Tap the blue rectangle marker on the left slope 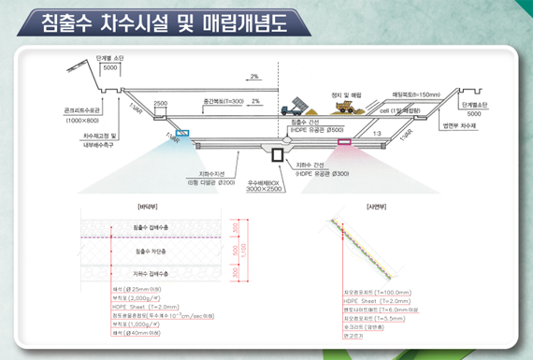181,133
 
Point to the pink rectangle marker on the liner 344,142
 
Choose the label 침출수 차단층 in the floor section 150,252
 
